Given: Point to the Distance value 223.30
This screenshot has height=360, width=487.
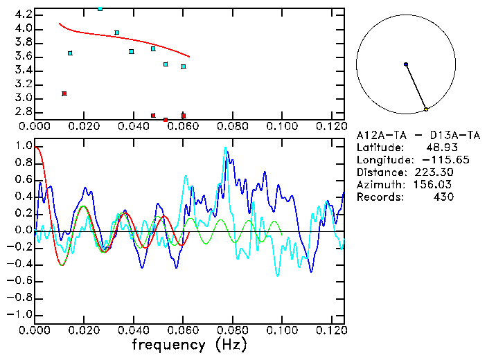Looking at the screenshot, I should click(x=434, y=172).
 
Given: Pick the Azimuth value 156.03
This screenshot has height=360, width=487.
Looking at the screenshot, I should click(x=434, y=185).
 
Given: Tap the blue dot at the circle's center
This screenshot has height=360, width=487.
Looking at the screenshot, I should click(x=406, y=64).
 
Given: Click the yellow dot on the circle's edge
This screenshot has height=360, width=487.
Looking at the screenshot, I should click(x=426, y=109).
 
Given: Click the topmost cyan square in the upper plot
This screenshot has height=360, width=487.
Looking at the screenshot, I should click(x=100, y=8).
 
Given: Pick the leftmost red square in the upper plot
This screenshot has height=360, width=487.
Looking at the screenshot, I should click(x=64, y=93).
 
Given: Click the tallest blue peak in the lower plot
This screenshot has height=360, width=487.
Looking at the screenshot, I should click(x=226, y=148).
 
